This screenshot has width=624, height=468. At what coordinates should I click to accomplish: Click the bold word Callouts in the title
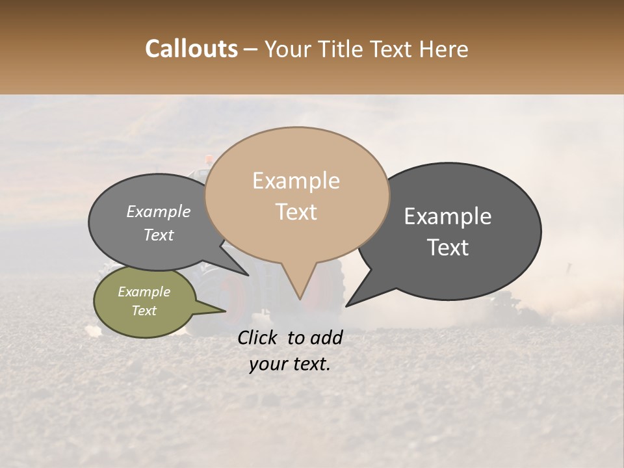pos(191,49)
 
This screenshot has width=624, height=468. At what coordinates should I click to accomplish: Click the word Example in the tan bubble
pos(296,181)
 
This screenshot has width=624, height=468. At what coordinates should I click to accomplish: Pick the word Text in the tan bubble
pos(296,212)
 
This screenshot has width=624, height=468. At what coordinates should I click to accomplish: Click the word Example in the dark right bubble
pos(448,216)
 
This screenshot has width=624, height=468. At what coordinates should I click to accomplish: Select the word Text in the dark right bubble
pos(448,248)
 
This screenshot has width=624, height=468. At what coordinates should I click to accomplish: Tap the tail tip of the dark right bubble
pos(346,305)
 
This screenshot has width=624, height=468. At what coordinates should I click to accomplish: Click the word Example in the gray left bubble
pos(159,211)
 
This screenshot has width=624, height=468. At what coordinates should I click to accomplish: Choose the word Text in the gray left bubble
pos(159,235)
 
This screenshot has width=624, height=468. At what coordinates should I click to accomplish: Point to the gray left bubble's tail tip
pos(248,275)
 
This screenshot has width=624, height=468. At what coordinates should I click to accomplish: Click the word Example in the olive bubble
pos(144,292)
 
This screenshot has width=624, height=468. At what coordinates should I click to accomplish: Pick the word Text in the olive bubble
pos(144,311)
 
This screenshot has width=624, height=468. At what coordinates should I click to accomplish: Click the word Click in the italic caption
pos(259,337)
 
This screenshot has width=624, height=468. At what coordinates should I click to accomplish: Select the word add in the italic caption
pos(326,337)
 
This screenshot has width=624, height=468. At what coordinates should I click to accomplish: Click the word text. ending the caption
pos(309,365)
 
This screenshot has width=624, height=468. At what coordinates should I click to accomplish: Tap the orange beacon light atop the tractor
pos(209,159)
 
